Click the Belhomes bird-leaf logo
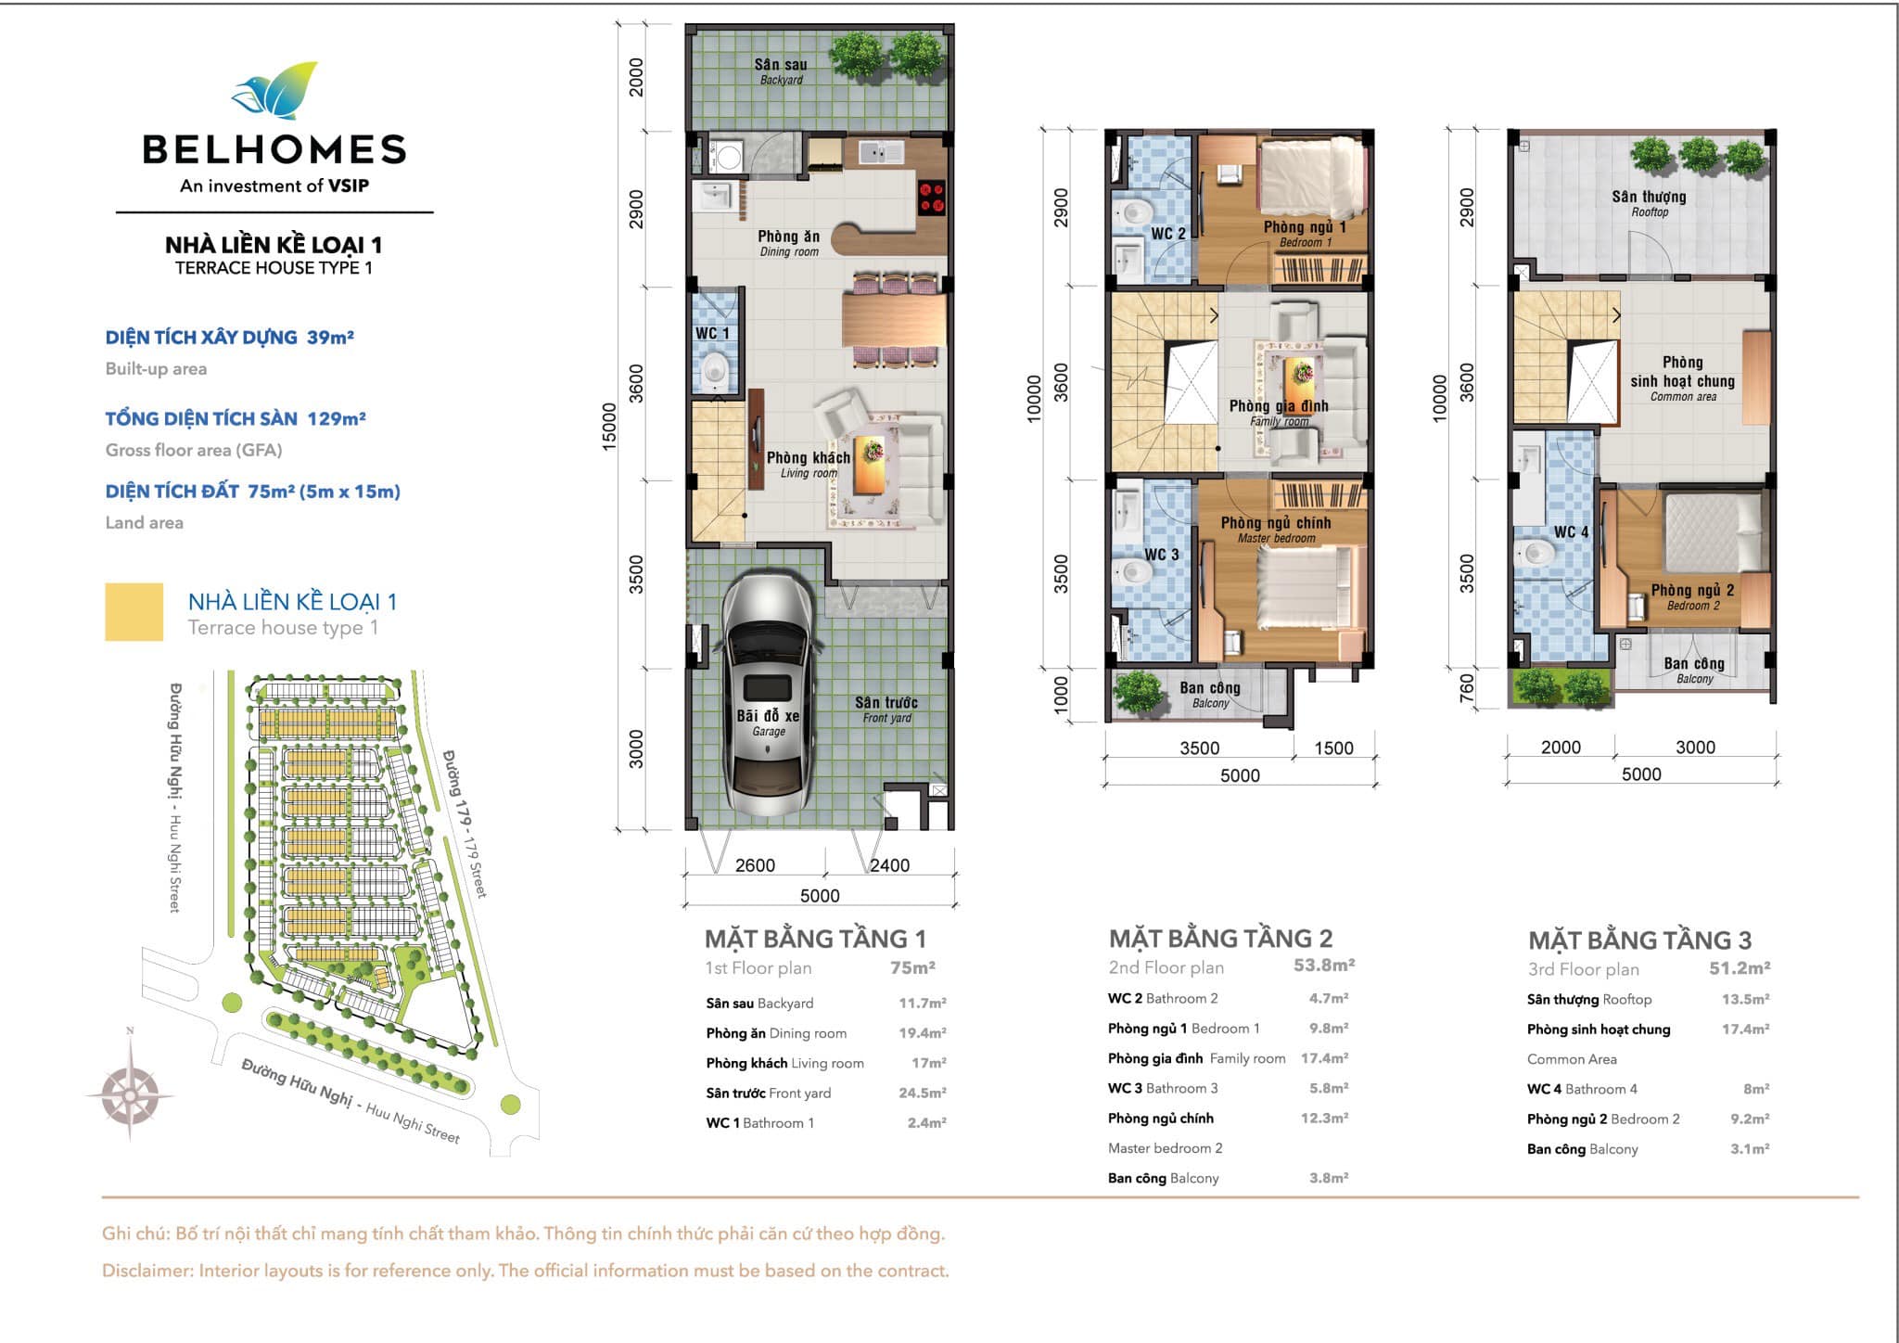[x=274, y=91]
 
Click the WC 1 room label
[x=712, y=333]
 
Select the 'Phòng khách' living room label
[x=808, y=457]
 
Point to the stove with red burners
[x=931, y=197]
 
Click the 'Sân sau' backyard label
[x=780, y=64]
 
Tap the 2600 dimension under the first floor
[x=755, y=865]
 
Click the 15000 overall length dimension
[x=609, y=427]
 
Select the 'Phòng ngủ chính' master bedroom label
[x=1275, y=523]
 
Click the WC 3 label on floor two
[x=1161, y=555]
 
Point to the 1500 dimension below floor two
[x=1333, y=748]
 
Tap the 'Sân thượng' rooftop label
[x=1648, y=197]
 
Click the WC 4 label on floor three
[x=1571, y=532]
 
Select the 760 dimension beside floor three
[x=1466, y=688]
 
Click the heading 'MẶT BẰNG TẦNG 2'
[x=1220, y=939]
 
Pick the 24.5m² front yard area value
[x=922, y=1093]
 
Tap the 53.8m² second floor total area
[x=1324, y=966]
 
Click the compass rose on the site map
[x=130, y=1092]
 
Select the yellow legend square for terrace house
[x=134, y=611]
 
